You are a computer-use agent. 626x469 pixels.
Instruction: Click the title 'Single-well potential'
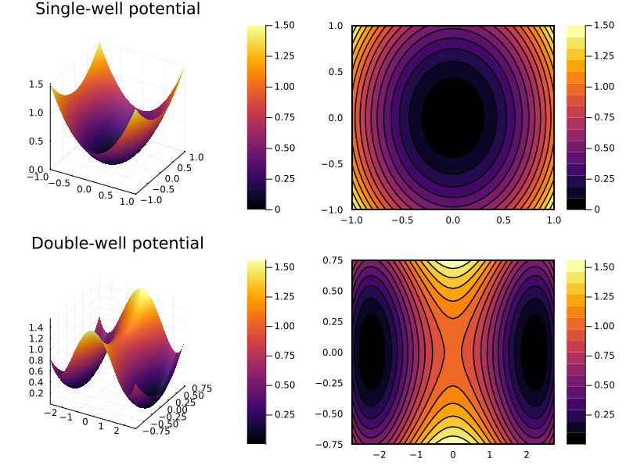click(x=117, y=9)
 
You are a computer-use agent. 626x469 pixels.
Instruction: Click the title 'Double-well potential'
click(x=117, y=243)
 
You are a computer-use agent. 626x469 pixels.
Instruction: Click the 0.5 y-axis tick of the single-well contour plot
click(x=336, y=72)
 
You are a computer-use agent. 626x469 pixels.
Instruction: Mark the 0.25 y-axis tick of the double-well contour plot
click(x=333, y=321)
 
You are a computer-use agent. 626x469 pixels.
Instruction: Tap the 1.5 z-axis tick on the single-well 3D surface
click(x=37, y=84)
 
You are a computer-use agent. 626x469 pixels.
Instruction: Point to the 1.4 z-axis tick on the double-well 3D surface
click(x=37, y=327)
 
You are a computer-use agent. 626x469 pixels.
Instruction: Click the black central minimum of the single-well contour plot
click(x=453, y=117)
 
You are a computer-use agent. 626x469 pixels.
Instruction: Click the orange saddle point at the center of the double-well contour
click(x=453, y=352)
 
